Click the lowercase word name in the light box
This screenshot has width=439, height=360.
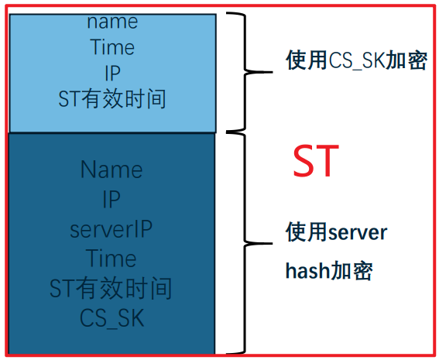[x=112, y=22]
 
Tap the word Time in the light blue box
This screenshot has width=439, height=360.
[x=112, y=46]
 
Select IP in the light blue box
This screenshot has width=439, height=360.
[x=112, y=73]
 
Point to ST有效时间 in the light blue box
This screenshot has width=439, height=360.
[x=112, y=98]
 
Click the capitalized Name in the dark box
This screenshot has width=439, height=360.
[x=111, y=170]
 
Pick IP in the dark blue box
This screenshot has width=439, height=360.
[x=111, y=199]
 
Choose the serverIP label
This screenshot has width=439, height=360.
[x=111, y=229]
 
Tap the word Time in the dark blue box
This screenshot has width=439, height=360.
[x=111, y=259]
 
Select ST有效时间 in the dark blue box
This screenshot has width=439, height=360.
[x=111, y=288]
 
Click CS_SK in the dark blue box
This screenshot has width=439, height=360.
[x=112, y=318]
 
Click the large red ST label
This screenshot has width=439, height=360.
[x=316, y=160]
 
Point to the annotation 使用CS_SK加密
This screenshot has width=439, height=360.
[x=356, y=60]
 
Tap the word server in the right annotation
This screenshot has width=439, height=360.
[x=358, y=233]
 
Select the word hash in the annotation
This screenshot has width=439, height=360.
[x=307, y=271]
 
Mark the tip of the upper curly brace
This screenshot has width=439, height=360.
[x=272, y=72]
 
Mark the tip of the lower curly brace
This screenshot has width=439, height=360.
[x=272, y=243]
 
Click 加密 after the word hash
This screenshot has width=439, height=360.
[x=350, y=271]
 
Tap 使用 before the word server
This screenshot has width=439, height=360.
[x=307, y=232]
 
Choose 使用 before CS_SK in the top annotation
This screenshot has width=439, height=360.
[x=307, y=60]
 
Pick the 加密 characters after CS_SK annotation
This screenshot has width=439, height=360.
[x=406, y=60]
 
